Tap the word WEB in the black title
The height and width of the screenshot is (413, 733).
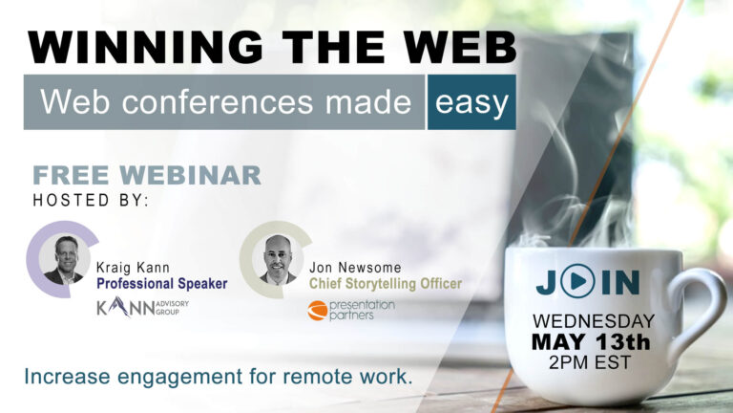pos(460,47)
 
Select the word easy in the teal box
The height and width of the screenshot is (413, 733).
pos(471,103)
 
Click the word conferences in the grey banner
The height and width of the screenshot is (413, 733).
pos(218,101)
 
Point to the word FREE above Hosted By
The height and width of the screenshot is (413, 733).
pos(71,176)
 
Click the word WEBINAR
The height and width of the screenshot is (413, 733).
pos(190,176)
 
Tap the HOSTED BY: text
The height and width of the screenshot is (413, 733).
pos(91,201)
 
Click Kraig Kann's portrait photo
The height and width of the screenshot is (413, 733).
pos(64,260)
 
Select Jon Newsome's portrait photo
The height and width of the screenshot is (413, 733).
pos(278,260)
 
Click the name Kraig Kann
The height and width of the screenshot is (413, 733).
pos(133,268)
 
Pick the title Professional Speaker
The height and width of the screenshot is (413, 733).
pos(161,283)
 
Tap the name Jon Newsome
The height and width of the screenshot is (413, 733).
pos(355,268)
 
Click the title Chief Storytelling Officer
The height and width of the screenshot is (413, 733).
pos(386,283)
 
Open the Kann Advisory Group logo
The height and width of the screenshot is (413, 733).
pos(142,307)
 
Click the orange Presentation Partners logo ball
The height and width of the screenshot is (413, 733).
pos(318,311)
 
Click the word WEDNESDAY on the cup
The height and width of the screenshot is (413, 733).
pos(594,321)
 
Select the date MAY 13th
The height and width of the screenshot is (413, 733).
pos(591,342)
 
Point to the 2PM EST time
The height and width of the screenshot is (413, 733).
pos(590,362)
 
